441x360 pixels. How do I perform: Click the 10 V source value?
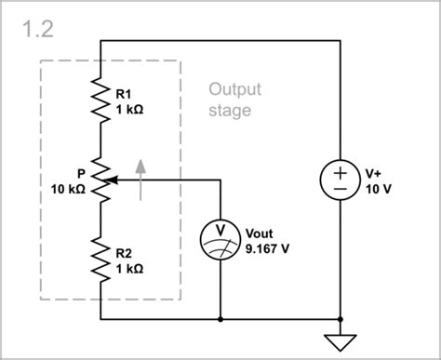click(x=377, y=189)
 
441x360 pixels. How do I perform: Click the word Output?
click(x=234, y=90)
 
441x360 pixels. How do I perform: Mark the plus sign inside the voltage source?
click(x=340, y=172)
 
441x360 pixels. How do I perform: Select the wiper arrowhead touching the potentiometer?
click(x=112, y=180)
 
